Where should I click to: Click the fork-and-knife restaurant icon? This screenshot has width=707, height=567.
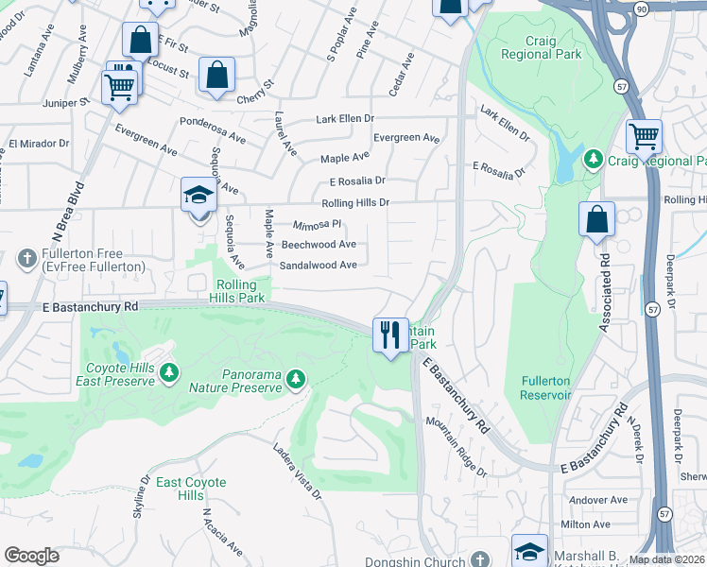point(390,335)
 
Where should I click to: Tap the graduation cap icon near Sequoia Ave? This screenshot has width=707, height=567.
point(199,196)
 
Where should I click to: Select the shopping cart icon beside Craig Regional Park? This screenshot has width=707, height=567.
point(644,137)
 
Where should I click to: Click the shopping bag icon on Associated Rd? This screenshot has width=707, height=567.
point(596,220)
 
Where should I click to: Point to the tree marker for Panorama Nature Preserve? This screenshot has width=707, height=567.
point(296,379)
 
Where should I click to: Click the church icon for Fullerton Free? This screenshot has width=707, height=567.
point(26,257)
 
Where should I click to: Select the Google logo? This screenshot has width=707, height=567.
point(32,556)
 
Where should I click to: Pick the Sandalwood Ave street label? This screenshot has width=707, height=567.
point(318,266)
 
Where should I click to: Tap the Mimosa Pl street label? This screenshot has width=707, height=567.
point(316,226)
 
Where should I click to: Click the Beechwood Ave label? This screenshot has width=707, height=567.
point(319,244)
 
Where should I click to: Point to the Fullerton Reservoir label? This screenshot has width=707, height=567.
point(545,387)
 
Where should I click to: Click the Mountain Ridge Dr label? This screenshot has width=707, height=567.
point(456,447)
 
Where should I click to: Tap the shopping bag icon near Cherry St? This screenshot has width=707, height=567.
point(216,76)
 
